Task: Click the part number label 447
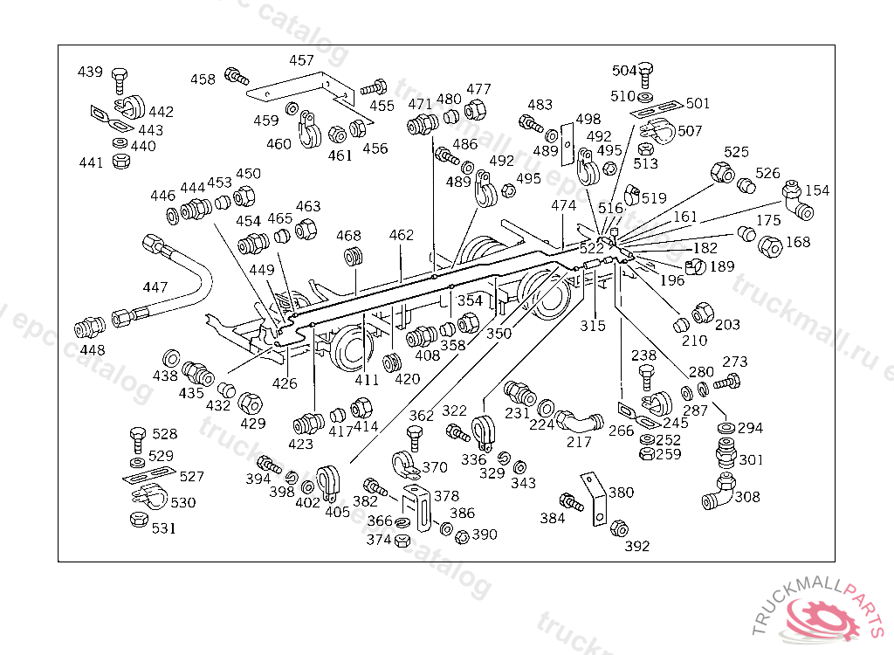click(x=155, y=287)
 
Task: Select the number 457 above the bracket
click(x=302, y=61)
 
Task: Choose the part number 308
click(x=747, y=497)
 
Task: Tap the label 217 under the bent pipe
click(x=579, y=442)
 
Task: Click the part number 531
click(x=163, y=527)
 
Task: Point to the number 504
click(x=624, y=71)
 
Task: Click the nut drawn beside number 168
click(x=771, y=248)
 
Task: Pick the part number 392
click(x=637, y=547)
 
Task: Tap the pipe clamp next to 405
click(x=327, y=479)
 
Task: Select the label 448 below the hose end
click(x=92, y=350)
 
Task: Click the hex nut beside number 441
click(x=123, y=161)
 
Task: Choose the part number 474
click(x=564, y=206)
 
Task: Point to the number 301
click(x=751, y=460)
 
